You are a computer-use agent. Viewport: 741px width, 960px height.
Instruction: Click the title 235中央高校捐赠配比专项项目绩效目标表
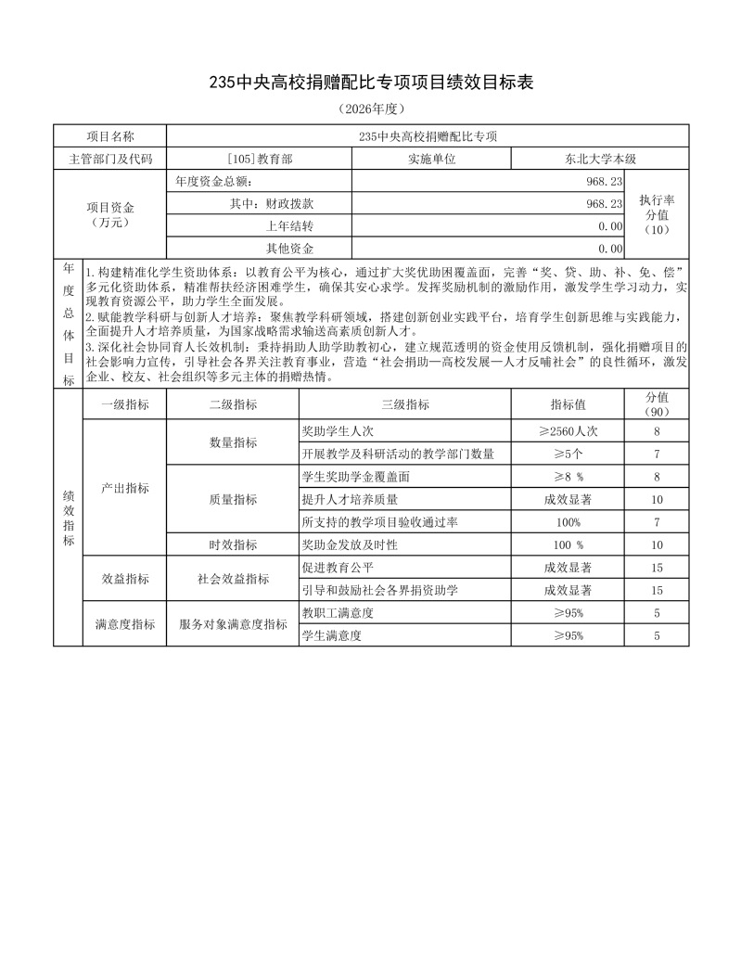(x=370, y=83)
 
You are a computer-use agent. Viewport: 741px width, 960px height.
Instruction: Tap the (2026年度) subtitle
(x=370, y=109)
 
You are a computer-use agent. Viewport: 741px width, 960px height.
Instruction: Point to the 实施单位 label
(x=432, y=159)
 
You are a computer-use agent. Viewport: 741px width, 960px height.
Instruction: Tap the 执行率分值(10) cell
(x=657, y=214)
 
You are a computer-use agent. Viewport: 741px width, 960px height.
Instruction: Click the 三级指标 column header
(x=405, y=404)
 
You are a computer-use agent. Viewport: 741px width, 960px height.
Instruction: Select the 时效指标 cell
(x=233, y=544)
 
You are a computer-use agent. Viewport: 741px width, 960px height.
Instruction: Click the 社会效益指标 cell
(x=233, y=579)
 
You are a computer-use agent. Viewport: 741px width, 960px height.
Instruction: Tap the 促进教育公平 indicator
(x=338, y=567)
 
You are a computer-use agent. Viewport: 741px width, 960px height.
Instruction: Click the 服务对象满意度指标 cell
(x=233, y=624)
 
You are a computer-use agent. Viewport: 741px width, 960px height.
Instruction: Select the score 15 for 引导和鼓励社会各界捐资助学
(x=657, y=590)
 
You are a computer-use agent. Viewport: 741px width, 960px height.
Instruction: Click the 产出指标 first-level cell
(x=124, y=488)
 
